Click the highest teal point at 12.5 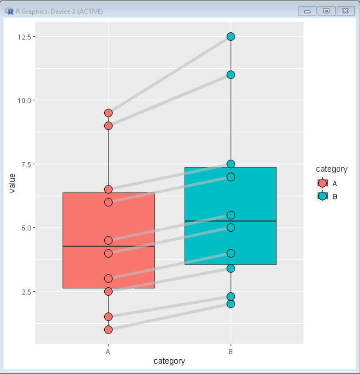(x=231, y=36)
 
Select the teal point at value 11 (x=231, y=75)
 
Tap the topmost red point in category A (x=108, y=113)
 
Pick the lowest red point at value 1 (x=108, y=330)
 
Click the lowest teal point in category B (x=231, y=304)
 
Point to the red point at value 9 (x=108, y=126)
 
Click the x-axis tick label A (x=108, y=352)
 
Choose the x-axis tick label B (x=231, y=352)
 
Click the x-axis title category (x=169, y=361)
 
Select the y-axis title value (x=12, y=183)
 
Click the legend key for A (x=322, y=183)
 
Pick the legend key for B (x=322, y=196)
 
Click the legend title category (x=331, y=169)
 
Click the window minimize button (x=307, y=11)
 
